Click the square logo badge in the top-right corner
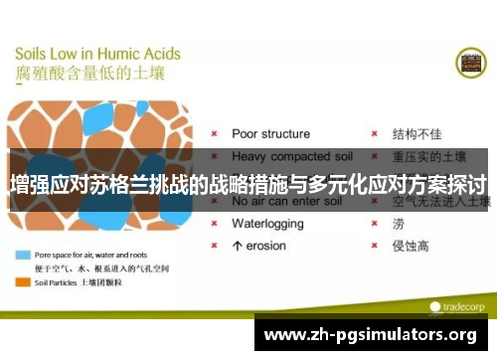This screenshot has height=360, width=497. coord(469,63)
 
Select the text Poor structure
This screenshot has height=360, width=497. coord(270,133)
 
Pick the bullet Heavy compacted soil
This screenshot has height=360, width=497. coord(289,156)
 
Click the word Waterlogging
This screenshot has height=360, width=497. coord(267,223)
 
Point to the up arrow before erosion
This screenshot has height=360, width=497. coord(237,245)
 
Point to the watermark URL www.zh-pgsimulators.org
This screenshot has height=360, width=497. coord(375,335)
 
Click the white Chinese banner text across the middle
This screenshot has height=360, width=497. coord(248,184)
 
